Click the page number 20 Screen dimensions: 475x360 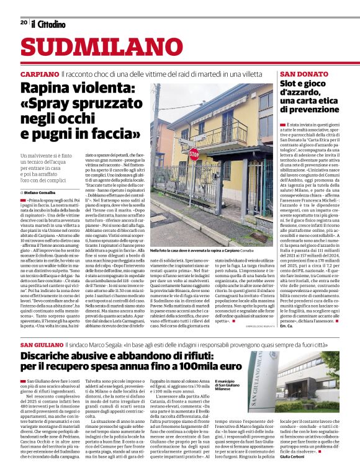[x=24, y=22]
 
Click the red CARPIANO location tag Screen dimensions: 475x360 [x=39, y=73]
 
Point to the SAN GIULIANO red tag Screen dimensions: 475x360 [x=41, y=344]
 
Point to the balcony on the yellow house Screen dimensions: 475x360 [x=228, y=133]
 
